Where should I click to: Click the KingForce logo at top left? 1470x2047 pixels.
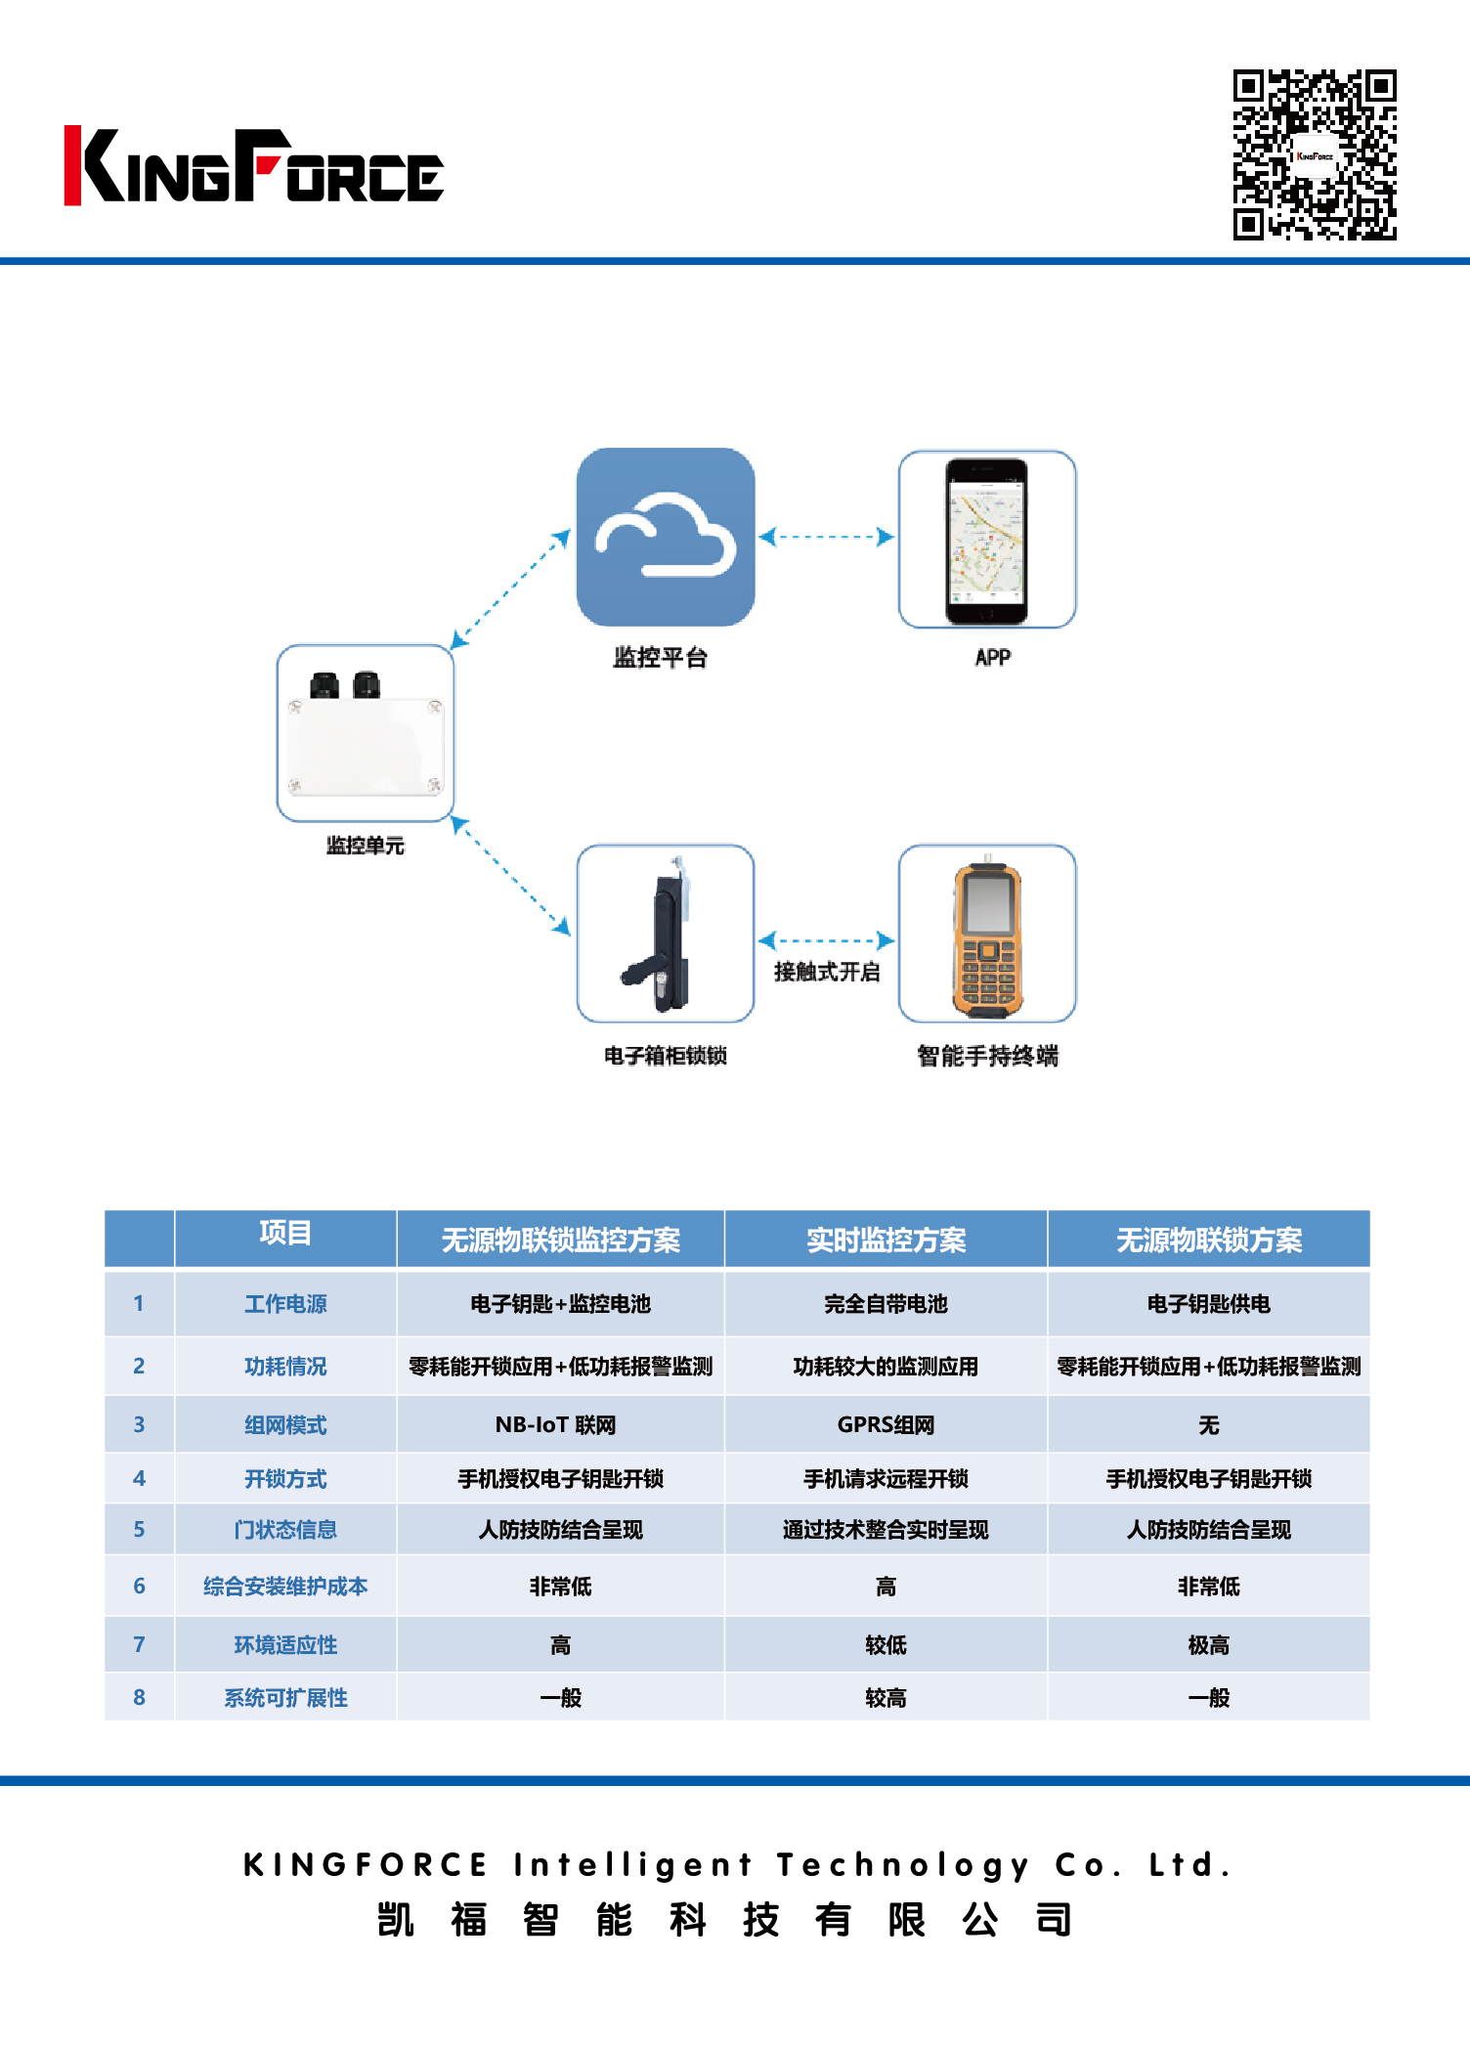[253, 166]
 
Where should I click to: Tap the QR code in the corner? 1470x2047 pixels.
[1314, 154]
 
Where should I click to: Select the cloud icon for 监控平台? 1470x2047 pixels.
[665, 537]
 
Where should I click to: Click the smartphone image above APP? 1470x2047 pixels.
[986, 540]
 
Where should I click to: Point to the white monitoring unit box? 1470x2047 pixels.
[365, 733]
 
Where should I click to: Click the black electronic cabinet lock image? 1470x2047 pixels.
[665, 934]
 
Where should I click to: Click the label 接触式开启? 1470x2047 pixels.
[827, 972]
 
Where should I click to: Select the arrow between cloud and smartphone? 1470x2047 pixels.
[827, 537]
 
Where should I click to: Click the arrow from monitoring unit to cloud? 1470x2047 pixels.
[510, 589]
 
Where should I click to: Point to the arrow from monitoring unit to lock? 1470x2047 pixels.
[510, 876]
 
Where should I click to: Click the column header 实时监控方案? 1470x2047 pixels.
[886, 1240]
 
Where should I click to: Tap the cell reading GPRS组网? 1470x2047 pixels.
[886, 1425]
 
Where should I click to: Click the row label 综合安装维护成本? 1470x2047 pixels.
[285, 1587]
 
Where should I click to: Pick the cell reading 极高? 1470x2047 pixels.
[1208, 1645]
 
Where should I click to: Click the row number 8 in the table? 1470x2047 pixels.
[139, 1698]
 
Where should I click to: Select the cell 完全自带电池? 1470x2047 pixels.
[886, 1304]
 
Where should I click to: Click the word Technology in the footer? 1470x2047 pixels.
[903, 1865]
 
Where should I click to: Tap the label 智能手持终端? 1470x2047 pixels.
[987, 1056]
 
